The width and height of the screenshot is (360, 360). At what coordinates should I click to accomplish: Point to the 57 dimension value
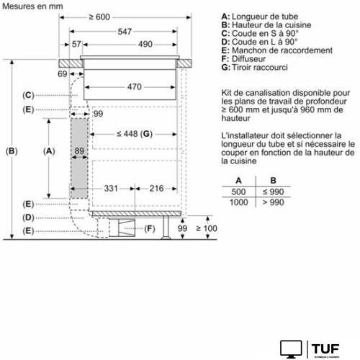click(77, 45)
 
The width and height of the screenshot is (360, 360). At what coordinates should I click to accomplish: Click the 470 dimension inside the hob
click(128, 86)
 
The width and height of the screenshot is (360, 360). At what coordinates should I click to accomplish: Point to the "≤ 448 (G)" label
click(135, 135)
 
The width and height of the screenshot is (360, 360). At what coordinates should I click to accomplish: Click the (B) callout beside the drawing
click(10, 151)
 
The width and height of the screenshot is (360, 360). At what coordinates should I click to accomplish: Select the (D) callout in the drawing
click(27, 217)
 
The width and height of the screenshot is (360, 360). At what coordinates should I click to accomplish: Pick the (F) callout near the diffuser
click(150, 229)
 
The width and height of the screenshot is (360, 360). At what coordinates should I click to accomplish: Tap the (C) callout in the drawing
click(27, 95)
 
